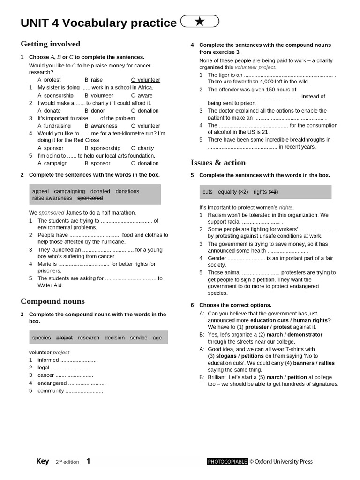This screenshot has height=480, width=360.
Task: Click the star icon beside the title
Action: pos(200,21)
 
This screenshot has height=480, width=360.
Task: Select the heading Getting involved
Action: pos(50,44)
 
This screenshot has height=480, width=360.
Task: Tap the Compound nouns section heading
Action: pos(52,301)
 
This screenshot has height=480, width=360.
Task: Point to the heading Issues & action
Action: pos(218,163)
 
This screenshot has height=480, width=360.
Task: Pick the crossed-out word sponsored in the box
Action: pos(90,198)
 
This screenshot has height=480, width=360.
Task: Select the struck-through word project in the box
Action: pos(64,337)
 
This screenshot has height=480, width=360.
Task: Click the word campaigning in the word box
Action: pos(69,191)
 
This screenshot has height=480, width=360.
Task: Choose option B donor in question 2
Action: pos(95,111)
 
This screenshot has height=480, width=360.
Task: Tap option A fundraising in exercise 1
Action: pos(54,126)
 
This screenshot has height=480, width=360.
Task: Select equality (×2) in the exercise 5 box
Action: pos(233,192)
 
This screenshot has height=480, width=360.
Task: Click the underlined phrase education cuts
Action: pos(269,320)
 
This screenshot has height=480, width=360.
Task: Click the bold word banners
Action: pos(303,363)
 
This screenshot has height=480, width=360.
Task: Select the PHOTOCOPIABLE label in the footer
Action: pos(227,462)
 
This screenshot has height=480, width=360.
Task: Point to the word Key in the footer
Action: pos(43,461)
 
